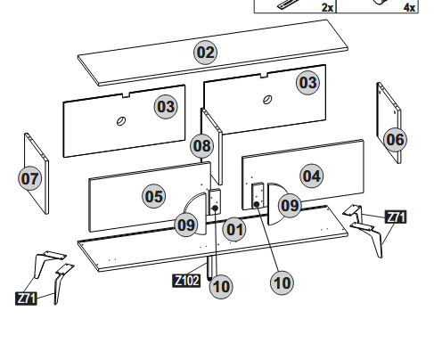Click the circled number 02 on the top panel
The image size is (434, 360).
205,53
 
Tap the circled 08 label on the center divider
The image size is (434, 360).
202,145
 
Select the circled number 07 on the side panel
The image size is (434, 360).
29,178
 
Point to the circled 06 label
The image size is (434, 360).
396,140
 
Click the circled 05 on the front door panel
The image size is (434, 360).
154,196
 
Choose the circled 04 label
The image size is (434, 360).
312,176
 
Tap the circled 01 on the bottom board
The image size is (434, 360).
234,229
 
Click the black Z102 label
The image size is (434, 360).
186,281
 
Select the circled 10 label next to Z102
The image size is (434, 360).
221,286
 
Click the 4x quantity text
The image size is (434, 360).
409,7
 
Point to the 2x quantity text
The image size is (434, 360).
327,7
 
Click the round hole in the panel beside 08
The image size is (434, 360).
120,121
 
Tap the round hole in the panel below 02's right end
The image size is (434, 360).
267,100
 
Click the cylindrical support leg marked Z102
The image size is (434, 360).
209,268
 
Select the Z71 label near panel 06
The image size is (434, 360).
396,217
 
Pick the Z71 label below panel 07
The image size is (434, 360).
26,299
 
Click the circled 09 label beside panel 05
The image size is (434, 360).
186,225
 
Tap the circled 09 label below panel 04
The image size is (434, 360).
290,205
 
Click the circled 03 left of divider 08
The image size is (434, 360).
166,106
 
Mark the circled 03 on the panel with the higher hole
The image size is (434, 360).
308,82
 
